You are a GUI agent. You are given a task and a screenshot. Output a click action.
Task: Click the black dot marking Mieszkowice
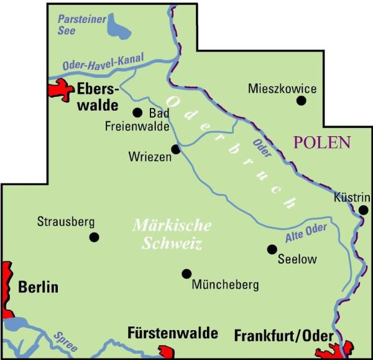coord(302,100)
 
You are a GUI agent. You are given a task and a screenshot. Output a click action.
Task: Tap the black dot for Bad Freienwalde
coord(138,113)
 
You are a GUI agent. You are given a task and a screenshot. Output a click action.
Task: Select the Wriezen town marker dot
coord(176,149)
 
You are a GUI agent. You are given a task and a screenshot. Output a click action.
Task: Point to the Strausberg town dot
coord(94,237)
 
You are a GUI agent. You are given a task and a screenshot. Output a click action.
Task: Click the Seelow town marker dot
coord(272,249)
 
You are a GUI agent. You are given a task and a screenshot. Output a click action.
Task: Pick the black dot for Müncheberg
coord(186,273)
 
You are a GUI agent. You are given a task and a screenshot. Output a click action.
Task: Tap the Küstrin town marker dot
coord(364,210)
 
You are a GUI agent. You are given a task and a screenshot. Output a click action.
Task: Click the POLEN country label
coord(322,142)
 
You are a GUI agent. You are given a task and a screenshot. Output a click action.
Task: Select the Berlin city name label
coord(38,287)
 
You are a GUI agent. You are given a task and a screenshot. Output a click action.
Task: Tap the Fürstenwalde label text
coord(172,333)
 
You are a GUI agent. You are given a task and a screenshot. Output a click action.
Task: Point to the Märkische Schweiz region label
coord(172,234)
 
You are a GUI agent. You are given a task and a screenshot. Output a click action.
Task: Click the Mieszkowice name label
coord(282,88)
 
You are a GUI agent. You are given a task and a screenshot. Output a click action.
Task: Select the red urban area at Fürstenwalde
coord(166,352)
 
